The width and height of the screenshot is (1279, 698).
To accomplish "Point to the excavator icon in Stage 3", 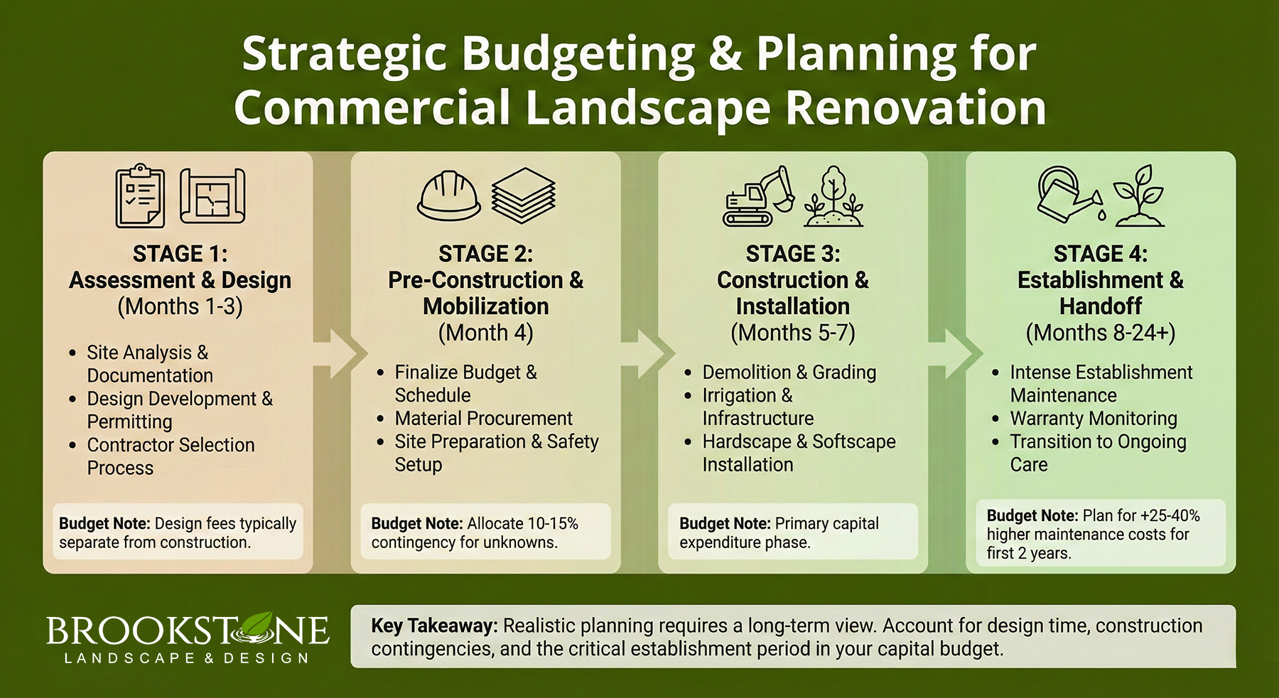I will pos(759,197).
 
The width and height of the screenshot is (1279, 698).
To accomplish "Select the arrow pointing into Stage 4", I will pos(956,353).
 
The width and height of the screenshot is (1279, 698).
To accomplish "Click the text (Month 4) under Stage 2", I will pos(485,333).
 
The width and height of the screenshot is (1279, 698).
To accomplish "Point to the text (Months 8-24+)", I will pos(1100,333).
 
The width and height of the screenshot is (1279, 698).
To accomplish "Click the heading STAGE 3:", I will pos(792,254).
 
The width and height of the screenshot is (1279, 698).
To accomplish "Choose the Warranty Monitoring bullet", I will pos(1093,418).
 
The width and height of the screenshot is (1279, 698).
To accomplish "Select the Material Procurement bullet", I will pos(483,418).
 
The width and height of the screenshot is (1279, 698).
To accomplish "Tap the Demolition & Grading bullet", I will pos(789,372).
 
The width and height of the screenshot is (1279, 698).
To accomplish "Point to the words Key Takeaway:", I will pos(433,625).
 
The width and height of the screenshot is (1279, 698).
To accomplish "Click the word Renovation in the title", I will pos(916,107).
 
